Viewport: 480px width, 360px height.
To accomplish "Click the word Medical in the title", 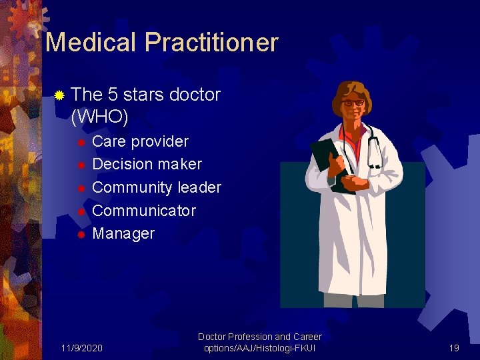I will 91,43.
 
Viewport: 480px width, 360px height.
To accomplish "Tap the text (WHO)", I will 99,117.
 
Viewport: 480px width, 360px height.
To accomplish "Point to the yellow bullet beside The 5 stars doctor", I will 59,95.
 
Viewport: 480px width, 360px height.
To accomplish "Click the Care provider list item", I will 140,141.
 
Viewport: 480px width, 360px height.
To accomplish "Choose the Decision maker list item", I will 147,164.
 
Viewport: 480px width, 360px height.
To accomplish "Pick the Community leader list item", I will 156,187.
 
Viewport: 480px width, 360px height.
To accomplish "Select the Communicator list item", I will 143,211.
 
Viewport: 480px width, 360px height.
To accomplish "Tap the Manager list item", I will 123,233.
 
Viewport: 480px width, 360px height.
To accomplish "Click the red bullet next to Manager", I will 81,234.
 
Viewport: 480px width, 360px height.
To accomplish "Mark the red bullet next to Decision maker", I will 81,165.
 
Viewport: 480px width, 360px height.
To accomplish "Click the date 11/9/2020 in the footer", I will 81,348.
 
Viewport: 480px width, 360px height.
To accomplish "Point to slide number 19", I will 454,348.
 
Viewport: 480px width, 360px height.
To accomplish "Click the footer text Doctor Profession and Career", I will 260,337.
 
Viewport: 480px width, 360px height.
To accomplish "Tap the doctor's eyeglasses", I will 353,103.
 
